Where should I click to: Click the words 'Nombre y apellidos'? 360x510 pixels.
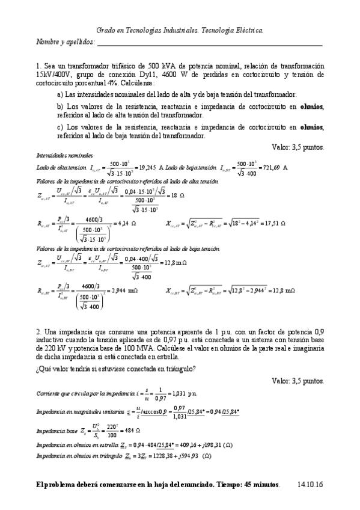[x=65, y=42]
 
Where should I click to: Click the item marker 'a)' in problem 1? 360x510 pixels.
[x=60, y=95]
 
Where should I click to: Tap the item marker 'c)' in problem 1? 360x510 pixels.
[x=60, y=127]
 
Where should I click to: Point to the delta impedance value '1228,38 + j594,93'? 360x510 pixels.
[x=175, y=456]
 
